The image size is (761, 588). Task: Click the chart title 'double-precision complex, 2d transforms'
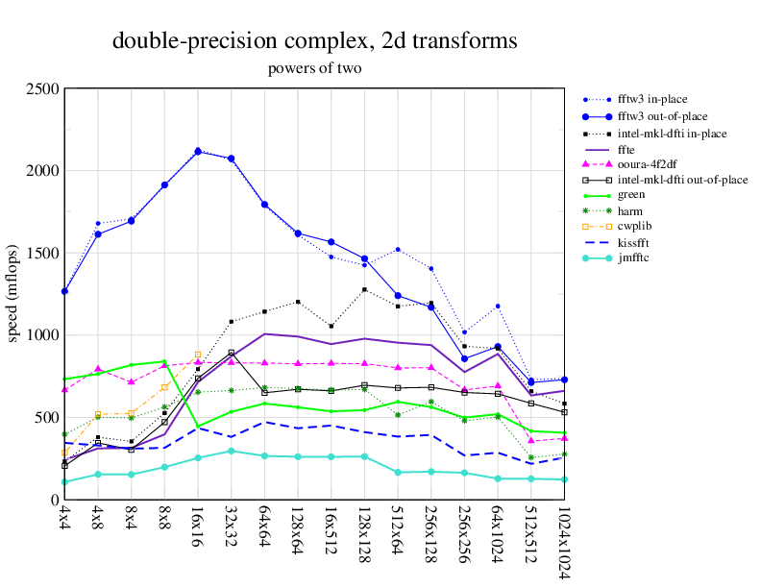pos(314,41)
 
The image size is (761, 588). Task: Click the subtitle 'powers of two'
pos(314,69)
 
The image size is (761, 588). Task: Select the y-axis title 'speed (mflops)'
pos(12,294)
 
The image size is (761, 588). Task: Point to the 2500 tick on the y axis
pos(43,89)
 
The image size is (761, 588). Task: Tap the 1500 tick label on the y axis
pos(43,254)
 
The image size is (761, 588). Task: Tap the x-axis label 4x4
pos(64,523)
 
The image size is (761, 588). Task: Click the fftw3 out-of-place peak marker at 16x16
pos(198,152)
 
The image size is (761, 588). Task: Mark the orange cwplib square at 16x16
pos(198,355)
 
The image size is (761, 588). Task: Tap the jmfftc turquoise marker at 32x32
pos(231,451)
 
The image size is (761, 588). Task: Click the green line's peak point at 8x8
pos(164,361)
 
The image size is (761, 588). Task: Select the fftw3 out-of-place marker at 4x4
pos(64,291)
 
